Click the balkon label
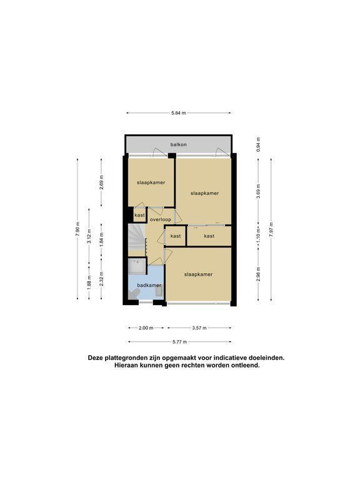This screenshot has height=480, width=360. (179, 144)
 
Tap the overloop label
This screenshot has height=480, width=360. (161, 219)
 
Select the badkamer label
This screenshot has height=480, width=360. (149, 285)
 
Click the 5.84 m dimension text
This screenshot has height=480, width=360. (179, 113)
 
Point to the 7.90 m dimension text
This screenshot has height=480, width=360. (77, 229)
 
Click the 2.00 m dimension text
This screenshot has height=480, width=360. (146, 328)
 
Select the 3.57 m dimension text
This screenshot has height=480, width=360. (199, 328)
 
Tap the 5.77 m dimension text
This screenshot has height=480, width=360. (180, 342)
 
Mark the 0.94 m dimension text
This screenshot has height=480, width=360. (258, 144)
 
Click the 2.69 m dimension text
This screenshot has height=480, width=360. (101, 182)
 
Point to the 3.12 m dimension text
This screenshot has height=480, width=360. (89, 236)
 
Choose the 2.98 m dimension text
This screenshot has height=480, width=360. (258, 274)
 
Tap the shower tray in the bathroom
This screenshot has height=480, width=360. (137, 266)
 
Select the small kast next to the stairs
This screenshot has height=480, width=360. (139, 214)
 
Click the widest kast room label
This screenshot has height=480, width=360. (209, 236)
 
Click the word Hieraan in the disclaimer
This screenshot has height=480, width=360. (126, 365)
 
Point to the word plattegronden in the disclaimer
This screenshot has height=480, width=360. (123, 357)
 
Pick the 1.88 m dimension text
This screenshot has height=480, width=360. (89, 281)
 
